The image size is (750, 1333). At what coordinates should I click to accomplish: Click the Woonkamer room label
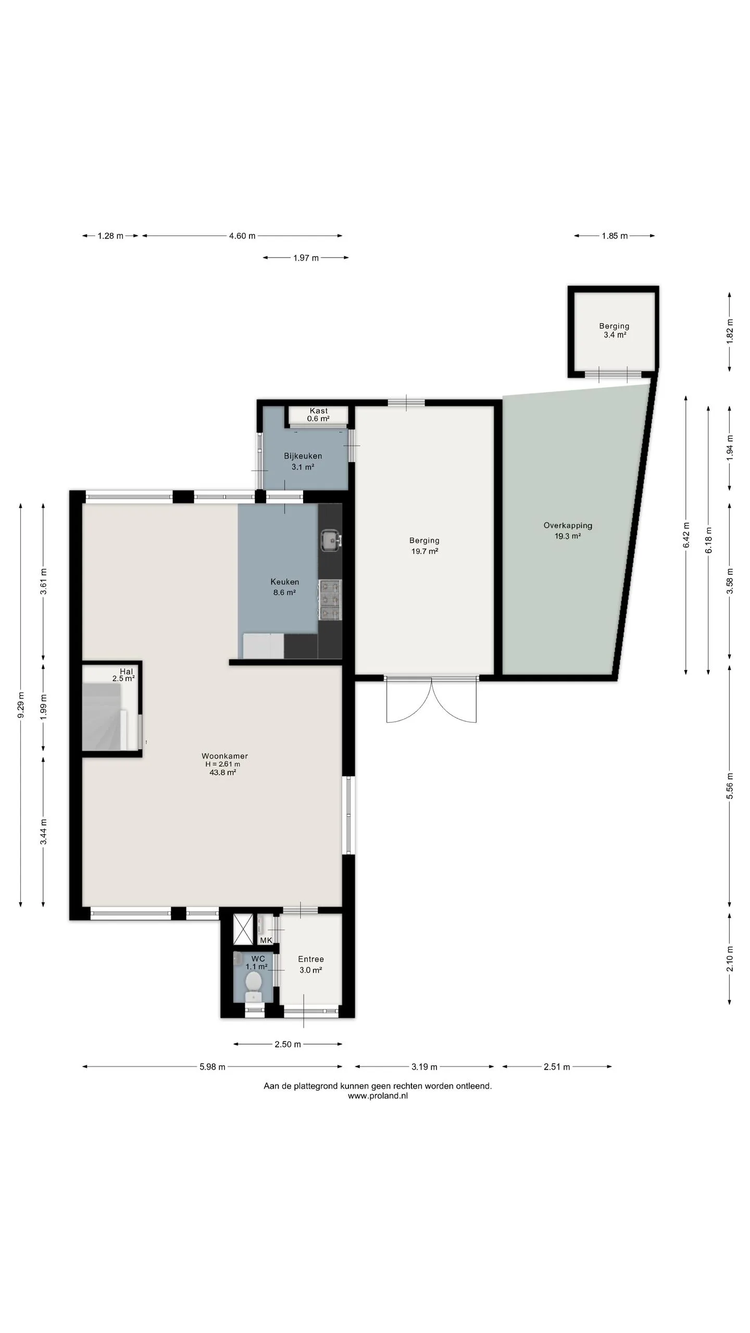[x=225, y=756]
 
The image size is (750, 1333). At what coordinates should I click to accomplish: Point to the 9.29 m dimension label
[x=21, y=705]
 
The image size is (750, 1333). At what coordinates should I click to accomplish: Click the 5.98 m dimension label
[x=213, y=1066]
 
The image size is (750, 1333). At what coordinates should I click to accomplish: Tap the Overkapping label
[x=568, y=525]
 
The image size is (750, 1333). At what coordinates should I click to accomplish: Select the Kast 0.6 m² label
[x=318, y=414]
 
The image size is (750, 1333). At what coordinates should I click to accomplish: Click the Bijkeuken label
[x=303, y=456]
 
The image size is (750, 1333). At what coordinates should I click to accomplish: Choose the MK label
[x=266, y=940]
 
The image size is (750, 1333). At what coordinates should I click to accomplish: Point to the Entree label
[x=311, y=959]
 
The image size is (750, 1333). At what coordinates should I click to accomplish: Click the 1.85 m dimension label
[x=615, y=236]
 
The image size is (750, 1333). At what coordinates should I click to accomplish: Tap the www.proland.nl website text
[x=378, y=1096]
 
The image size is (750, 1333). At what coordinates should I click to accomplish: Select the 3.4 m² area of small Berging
[x=615, y=335]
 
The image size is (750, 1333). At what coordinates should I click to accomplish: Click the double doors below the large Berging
[x=431, y=699]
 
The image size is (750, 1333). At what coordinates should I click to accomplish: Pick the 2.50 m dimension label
[x=288, y=1044]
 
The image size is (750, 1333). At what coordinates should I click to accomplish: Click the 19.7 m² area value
[x=424, y=551]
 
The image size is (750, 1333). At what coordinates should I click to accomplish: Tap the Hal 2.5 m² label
[x=124, y=675]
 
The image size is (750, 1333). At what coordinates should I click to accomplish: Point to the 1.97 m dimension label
[x=306, y=258]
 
